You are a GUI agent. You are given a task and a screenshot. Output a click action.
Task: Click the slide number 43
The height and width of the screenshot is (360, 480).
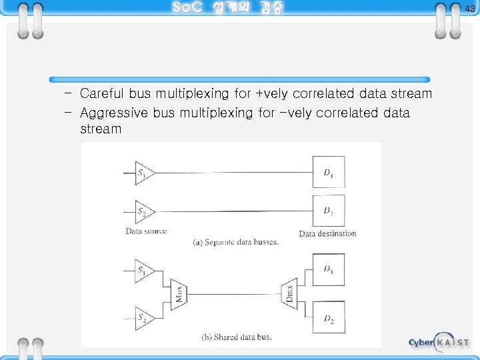(x=470, y=9)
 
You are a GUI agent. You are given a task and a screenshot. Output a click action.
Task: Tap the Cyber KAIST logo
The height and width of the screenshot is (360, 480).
(x=439, y=343)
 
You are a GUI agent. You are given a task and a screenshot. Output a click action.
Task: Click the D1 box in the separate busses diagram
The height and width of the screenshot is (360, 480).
(x=329, y=173)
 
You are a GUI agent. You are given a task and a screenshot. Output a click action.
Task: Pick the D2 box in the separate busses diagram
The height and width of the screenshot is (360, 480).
(x=329, y=211)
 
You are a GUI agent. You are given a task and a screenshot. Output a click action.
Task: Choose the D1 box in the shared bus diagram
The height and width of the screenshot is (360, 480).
(x=329, y=269)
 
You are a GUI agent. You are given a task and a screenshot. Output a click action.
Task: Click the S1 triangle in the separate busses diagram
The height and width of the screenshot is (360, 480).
(x=143, y=174)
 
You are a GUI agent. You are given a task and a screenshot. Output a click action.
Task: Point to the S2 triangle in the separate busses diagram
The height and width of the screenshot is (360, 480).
(x=143, y=213)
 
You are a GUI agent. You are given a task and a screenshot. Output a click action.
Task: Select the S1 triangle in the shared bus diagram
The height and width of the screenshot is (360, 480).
(x=143, y=270)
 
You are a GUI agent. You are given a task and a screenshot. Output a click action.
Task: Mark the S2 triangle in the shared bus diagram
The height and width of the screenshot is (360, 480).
(x=143, y=318)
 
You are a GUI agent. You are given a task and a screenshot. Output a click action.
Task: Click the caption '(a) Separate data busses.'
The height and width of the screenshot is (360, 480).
(x=235, y=242)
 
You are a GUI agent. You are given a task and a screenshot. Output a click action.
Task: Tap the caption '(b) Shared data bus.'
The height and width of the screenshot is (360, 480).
(x=237, y=337)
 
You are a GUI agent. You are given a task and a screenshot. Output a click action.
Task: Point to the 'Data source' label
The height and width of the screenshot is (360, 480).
(x=146, y=231)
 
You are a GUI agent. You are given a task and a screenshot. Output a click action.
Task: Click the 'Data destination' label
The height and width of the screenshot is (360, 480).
(x=327, y=233)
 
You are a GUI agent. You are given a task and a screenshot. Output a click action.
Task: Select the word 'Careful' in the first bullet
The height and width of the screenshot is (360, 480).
(x=102, y=94)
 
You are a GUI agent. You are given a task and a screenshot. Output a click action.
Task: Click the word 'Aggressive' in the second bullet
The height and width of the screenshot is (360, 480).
(x=114, y=113)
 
